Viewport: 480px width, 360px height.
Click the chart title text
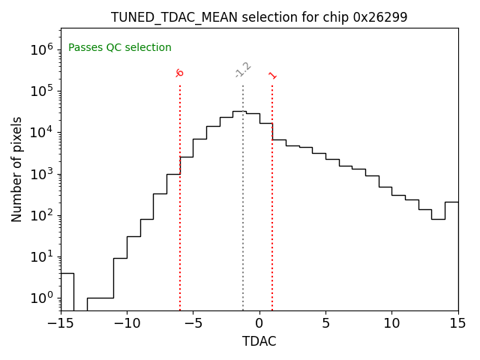259,17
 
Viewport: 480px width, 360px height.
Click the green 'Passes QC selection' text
120,48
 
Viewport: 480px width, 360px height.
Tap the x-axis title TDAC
259,341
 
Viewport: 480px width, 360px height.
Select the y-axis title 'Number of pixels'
17,169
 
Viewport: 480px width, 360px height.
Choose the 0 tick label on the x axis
259,323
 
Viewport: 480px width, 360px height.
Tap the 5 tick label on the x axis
325,323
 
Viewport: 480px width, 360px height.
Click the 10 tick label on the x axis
391,323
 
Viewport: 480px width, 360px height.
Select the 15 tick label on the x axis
457,323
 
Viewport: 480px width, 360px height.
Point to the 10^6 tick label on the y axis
43,49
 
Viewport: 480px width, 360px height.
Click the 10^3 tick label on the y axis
43,174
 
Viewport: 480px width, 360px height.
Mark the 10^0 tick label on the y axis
43,298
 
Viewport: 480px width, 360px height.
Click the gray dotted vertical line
243,195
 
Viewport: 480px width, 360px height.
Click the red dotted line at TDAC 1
272,195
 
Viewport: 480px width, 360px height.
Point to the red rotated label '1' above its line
272,75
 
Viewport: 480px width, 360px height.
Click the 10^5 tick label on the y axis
43,91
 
